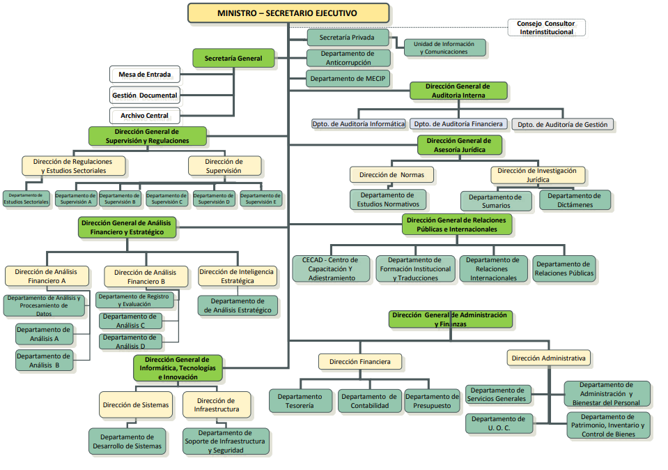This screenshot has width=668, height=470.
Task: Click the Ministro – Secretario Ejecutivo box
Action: (288, 13)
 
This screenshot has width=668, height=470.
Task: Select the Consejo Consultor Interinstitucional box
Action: (546, 28)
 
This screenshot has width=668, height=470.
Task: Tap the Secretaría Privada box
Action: (347, 37)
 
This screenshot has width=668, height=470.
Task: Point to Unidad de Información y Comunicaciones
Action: (444, 48)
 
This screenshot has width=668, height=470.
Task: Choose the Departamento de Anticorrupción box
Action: (347, 58)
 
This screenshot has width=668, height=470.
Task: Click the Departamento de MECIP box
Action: (347, 79)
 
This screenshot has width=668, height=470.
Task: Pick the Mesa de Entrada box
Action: (144, 74)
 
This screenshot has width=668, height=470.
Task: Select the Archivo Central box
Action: (144, 116)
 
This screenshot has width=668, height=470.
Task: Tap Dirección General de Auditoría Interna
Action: (458, 91)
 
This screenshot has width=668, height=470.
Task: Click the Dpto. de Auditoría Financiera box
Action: (458, 124)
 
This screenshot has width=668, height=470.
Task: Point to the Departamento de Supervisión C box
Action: (166, 199)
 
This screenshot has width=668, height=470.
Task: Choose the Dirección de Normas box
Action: (391, 174)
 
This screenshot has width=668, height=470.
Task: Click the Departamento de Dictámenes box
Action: (575, 200)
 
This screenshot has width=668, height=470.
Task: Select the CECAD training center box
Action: (332, 268)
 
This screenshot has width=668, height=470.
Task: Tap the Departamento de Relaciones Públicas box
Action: (564, 268)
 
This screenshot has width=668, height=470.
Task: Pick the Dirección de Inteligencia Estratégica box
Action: (237, 276)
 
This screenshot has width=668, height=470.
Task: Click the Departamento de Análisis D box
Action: (131, 342)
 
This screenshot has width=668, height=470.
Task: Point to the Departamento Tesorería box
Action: (300, 401)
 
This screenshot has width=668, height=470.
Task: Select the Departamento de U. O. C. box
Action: (499, 423)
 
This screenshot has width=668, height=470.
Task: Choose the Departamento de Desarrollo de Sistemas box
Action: (130, 441)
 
